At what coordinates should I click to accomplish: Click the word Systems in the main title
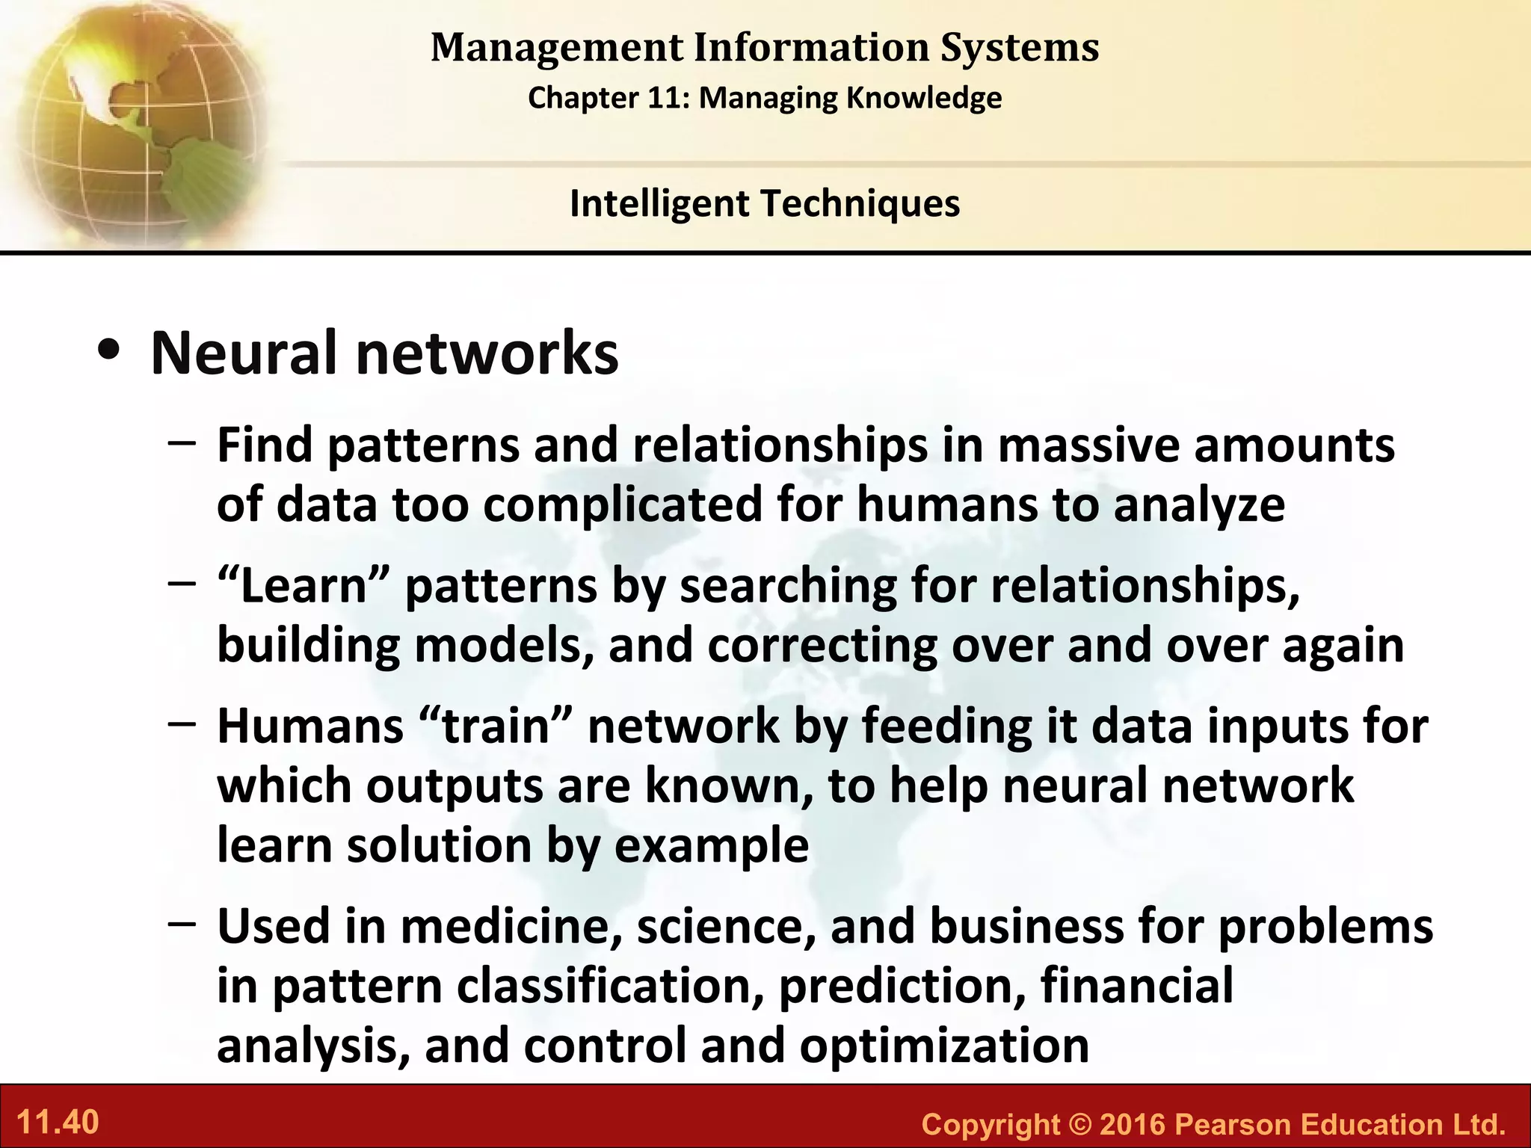point(1020,48)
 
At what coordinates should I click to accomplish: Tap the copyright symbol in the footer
point(1079,1125)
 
